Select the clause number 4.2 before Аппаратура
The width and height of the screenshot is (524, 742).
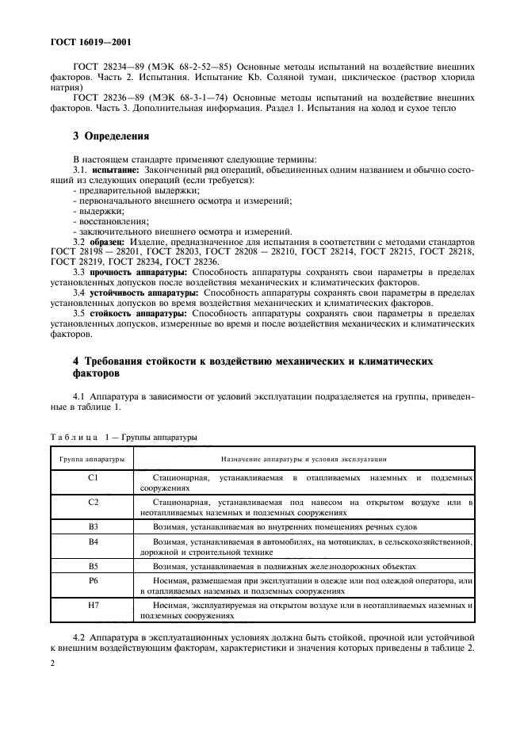(80, 636)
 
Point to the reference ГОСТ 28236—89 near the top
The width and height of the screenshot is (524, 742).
(109, 95)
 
